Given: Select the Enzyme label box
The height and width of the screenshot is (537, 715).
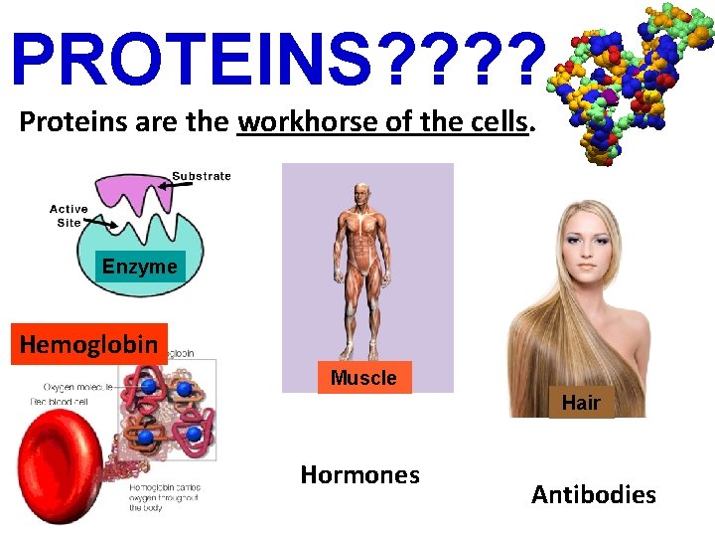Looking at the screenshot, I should click(139, 266).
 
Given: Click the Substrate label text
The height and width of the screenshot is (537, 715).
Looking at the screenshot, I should click(201, 176).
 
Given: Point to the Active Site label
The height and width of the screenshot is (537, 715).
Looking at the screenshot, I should click(69, 216).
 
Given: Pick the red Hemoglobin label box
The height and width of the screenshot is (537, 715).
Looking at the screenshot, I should click(89, 344).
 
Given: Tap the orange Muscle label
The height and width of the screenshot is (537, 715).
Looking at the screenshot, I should click(363, 378).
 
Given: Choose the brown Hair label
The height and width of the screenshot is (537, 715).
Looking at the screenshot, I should click(581, 403).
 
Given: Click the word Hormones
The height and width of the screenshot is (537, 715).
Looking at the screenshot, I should click(359, 475).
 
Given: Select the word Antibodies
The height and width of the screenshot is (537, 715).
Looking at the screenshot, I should click(593, 494).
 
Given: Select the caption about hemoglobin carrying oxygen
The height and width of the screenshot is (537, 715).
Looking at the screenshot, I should click(165, 497).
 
